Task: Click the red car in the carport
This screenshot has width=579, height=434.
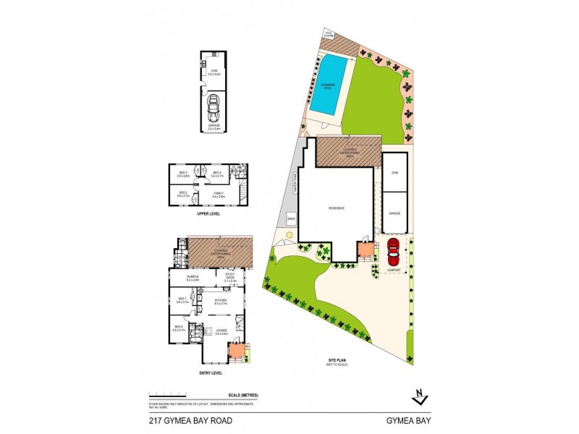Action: [393, 252]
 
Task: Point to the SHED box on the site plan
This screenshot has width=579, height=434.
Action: [291, 216]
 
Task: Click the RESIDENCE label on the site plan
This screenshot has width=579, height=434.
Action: [337, 208]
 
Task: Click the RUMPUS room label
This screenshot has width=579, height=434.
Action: [193, 277]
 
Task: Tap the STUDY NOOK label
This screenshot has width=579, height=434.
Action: [230, 278]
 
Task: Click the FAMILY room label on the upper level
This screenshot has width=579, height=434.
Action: [218, 193]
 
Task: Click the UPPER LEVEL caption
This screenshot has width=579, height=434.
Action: [208, 215]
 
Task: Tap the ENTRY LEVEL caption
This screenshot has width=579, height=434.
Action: [211, 373]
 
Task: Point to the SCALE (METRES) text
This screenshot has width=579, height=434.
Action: [242, 394]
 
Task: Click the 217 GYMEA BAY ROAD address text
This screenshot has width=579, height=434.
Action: [190, 420]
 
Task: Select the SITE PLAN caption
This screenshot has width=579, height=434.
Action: [337, 360]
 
